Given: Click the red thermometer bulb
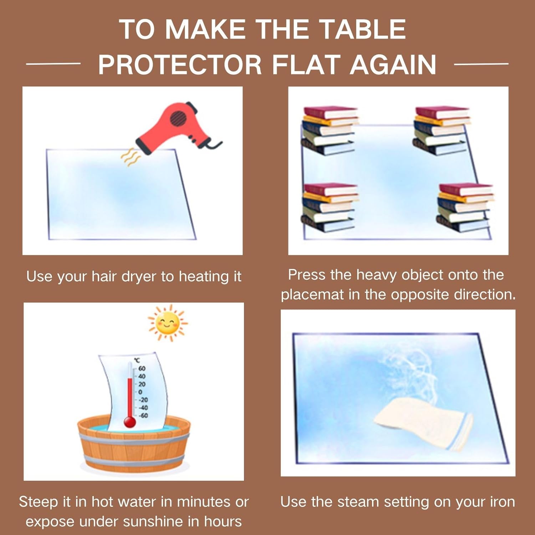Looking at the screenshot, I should pyautogui.click(x=129, y=422).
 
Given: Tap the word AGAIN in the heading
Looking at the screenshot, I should pyautogui.click(x=393, y=65).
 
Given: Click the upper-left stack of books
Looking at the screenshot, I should pyautogui.click(x=330, y=130).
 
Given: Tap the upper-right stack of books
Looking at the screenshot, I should pyautogui.click(x=441, y=130).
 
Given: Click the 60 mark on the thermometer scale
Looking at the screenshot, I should pyautogui.click(x=142, y=368).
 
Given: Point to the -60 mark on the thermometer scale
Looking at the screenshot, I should pyautogui.click(x=143, y=416).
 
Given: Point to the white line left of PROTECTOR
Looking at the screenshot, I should pyautogui.click(x=53, y=64).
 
